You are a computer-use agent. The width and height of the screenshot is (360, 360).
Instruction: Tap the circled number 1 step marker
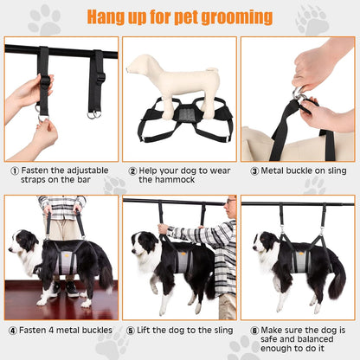coord(15,171)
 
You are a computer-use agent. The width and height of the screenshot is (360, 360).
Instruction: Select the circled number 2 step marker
coord(132,171)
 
